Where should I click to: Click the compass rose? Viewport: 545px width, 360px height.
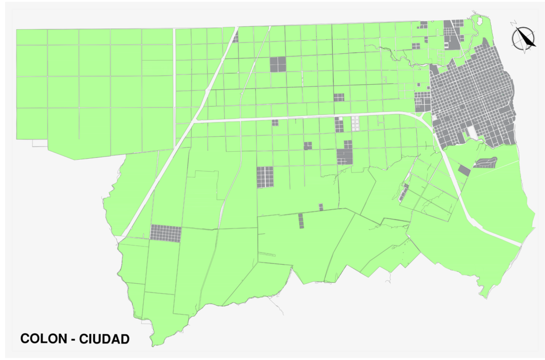coord(524,38)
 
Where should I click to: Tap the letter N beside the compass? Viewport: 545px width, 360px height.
coord(513,24)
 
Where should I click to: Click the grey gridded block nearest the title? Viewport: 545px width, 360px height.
coord(166,233)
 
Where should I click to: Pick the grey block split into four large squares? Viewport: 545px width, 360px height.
coord(278,64)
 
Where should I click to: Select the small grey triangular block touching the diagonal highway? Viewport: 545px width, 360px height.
coord(235,37)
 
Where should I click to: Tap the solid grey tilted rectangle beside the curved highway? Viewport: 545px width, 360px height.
coord(464,170)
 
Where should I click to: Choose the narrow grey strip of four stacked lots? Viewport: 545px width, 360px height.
coord(301,220)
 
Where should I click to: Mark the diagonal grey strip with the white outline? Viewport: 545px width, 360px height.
coord(403,193)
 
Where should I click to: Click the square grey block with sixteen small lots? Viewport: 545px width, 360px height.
coord(265,177)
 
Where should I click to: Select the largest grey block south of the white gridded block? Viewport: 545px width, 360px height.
coord(345,154)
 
